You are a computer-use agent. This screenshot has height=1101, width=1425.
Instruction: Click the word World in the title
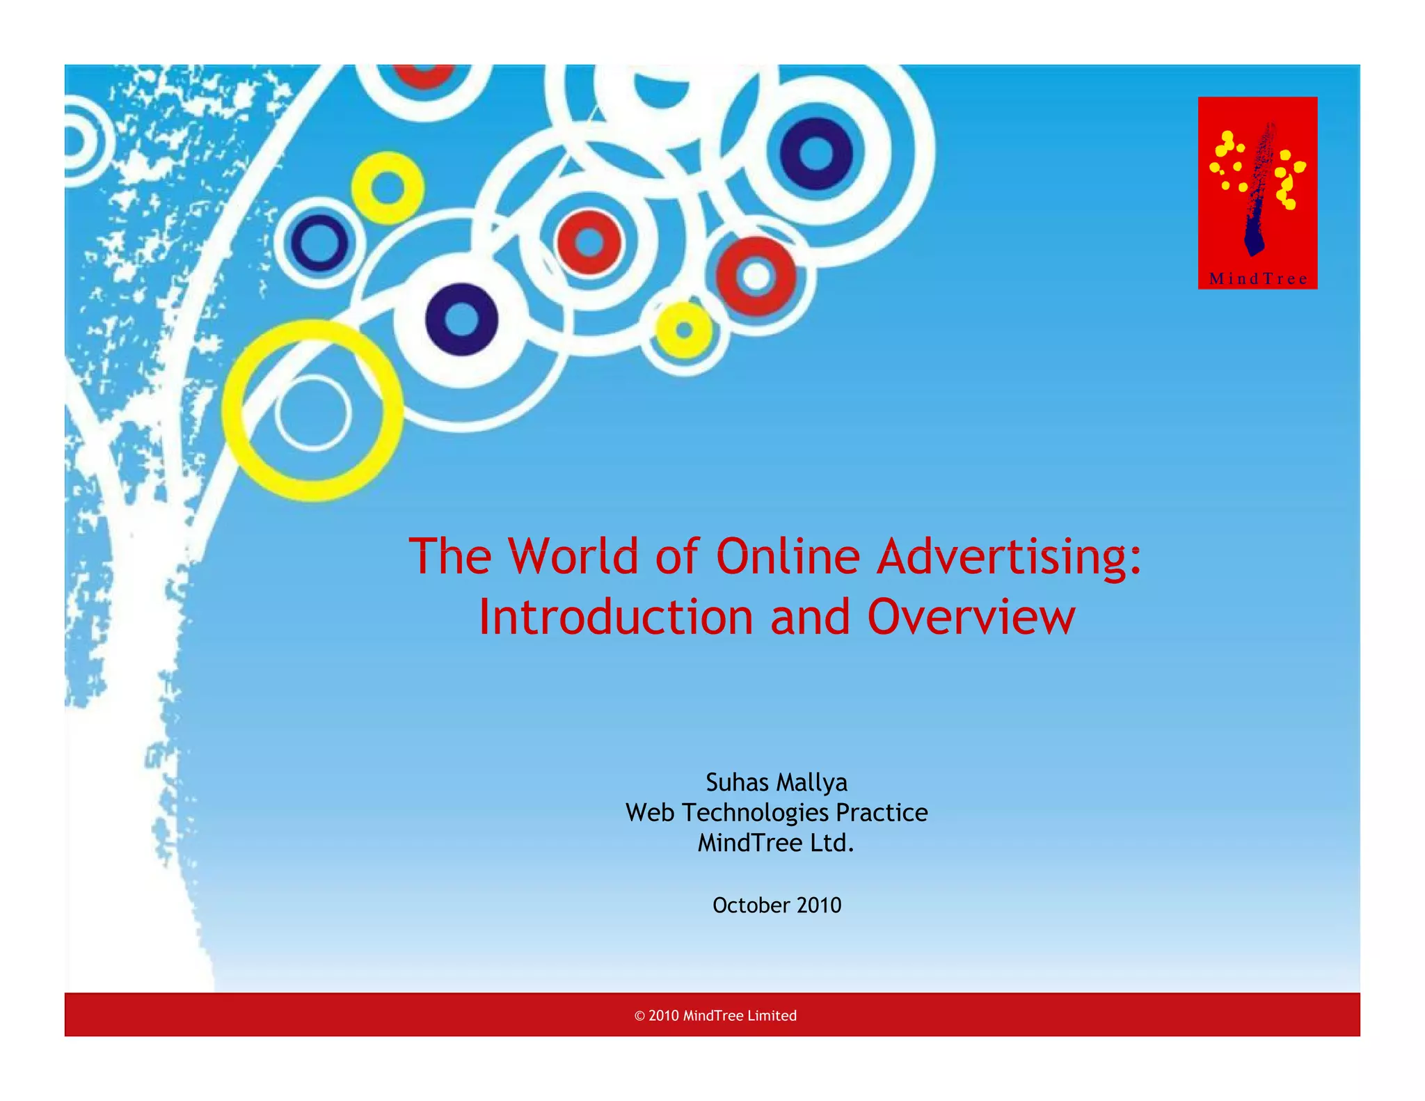click(x=573, y=557)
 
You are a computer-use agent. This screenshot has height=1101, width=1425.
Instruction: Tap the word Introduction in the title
click(x=616, y=617)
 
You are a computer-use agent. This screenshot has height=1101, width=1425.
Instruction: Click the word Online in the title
click(x=788, y=557)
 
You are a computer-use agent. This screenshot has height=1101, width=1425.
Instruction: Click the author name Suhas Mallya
click(x=777, y=782)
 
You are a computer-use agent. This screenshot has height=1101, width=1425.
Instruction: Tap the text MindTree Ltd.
click(x=776, y=843)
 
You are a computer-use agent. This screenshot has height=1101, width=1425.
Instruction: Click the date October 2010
click(x=777, y=905)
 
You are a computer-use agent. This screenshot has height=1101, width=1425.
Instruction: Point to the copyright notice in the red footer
click(x=715, y=1015)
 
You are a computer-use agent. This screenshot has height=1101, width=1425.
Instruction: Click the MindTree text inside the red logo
click(x=1258, y=279)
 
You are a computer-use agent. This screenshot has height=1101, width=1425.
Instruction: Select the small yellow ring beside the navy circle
click(x=388, y=188)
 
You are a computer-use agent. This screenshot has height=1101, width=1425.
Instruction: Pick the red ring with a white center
click(x=756, y=276)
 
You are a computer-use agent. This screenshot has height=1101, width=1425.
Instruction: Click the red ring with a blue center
click(x=589, y=242)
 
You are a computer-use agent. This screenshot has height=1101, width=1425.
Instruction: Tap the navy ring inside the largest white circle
click(x=816, y=154)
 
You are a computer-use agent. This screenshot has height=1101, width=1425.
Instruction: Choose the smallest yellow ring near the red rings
click(x=684, y=330)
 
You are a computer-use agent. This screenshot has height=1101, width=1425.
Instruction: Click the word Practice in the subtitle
click(x=882, y=813)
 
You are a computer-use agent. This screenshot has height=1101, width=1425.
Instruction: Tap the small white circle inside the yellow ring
click(x=312, y=413)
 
